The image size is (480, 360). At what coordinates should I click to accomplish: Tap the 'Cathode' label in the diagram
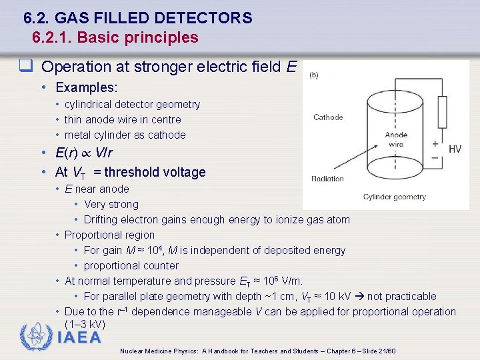pos(328,117)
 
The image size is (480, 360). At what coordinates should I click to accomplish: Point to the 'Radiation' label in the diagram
pos(327,179)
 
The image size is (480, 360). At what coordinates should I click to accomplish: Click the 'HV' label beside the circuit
pos(455,149)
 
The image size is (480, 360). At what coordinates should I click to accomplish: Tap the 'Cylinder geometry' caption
pos(394,197)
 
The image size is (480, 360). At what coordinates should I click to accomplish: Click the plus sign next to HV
pos(435,143)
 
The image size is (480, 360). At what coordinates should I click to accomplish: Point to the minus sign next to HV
pos(435,157)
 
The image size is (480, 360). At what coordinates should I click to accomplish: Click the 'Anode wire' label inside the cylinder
pos(395,139)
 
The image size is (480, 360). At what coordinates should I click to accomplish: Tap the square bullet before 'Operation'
pos(26,66)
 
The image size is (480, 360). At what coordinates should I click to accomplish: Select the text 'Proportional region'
pos(109,235)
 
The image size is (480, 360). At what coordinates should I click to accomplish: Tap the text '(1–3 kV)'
pos(85,324)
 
